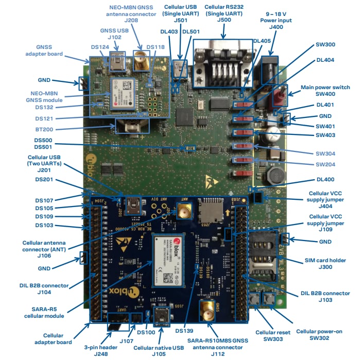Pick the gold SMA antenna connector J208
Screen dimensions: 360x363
[x=140, y=61]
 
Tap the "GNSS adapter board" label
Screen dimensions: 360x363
[x=49, y=50]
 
